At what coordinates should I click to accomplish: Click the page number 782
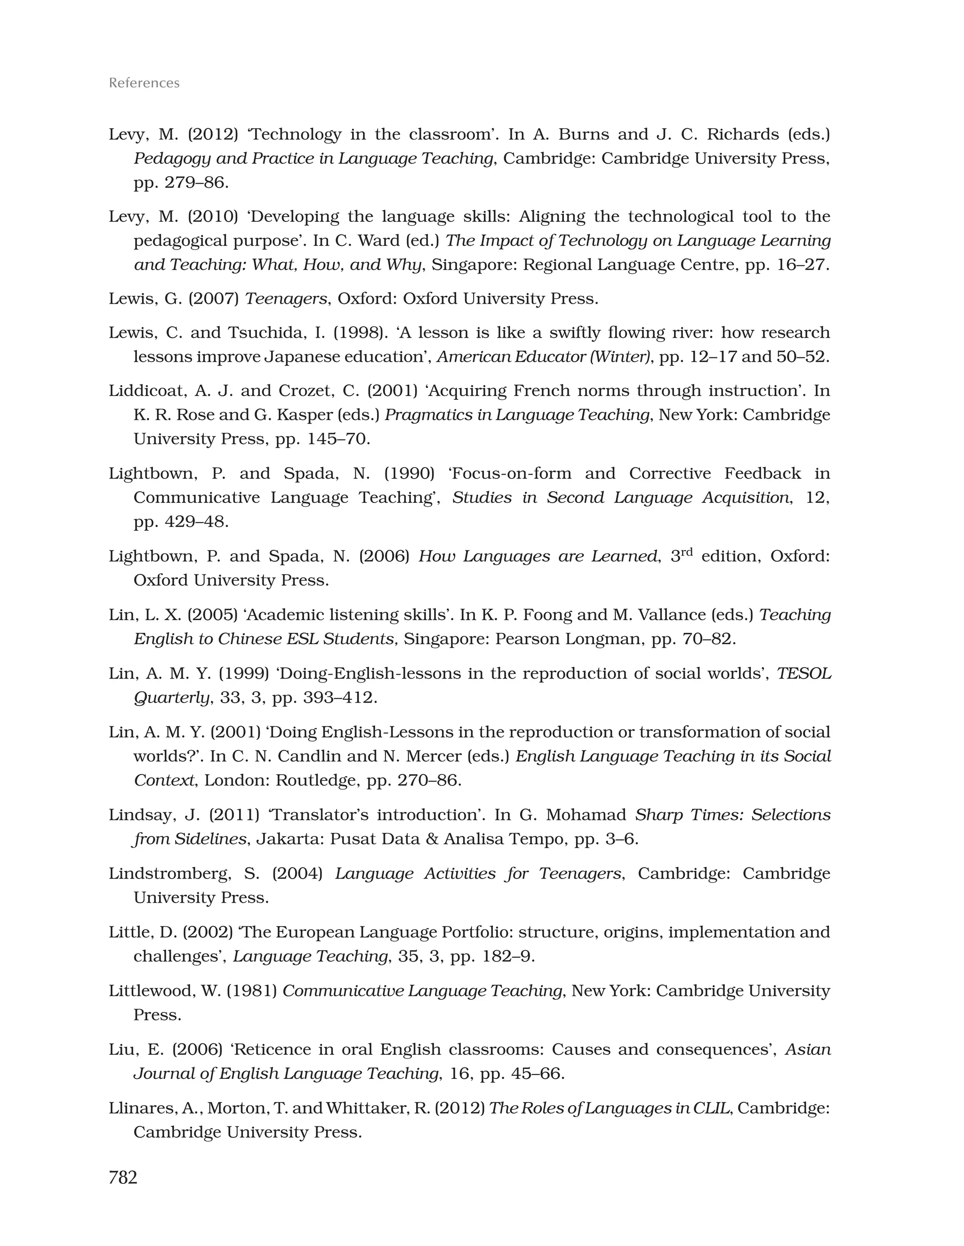click(123, 1177)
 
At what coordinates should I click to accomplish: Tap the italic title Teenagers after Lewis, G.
click(286, 299)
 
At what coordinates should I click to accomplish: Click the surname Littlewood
click(150, 991)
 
